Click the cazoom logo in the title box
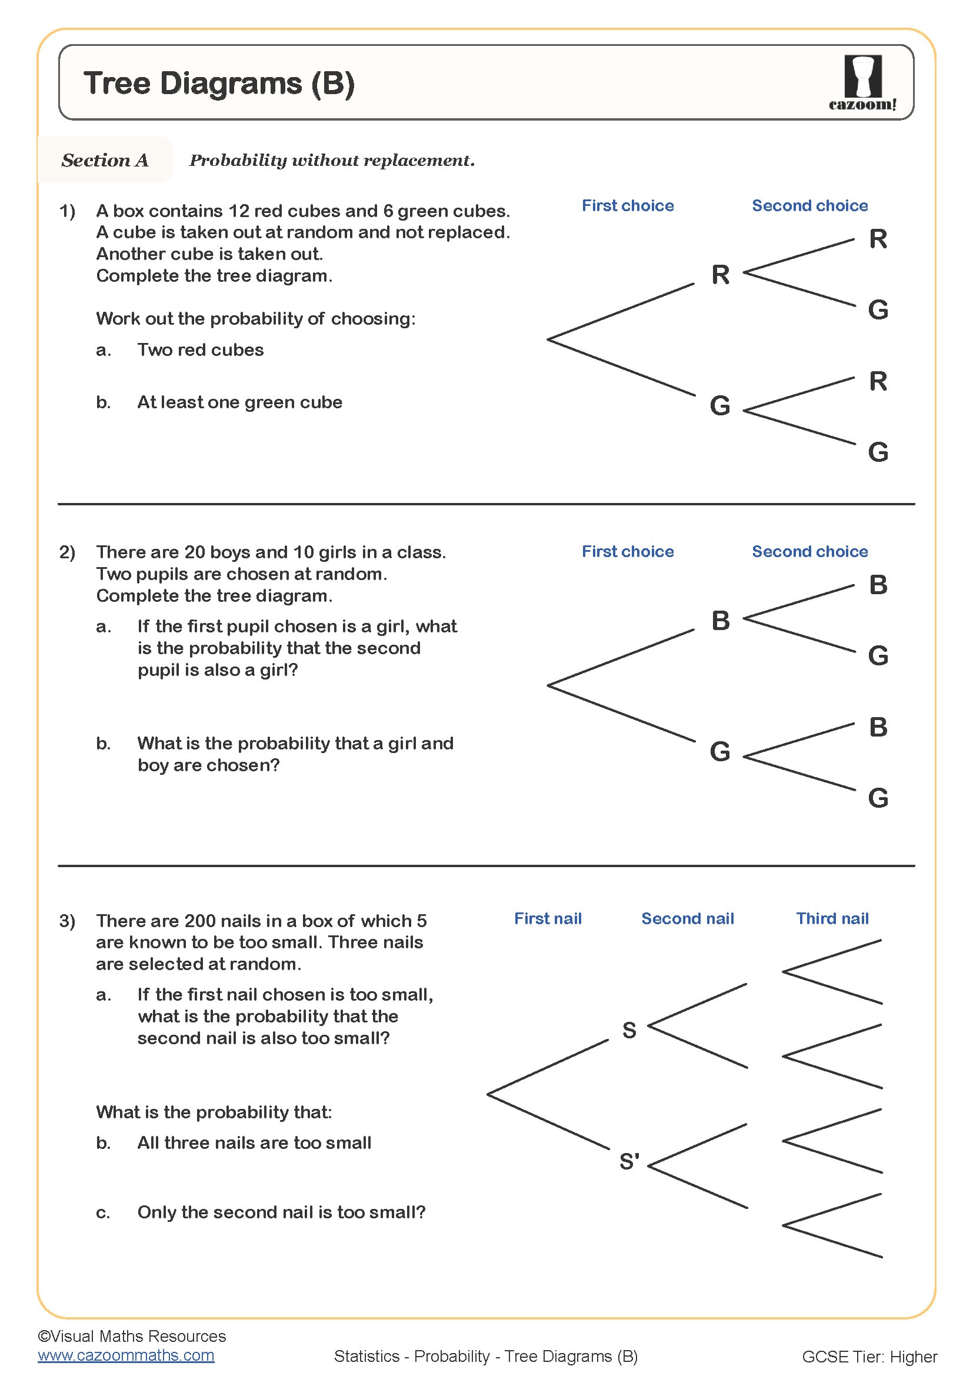point(863,82)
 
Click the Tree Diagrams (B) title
point(219,83)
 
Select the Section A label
point(105,160)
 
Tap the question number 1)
point(67,211)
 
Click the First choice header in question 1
point(627,205)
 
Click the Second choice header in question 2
point(809,551)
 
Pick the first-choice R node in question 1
point(720,275)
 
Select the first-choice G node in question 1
point(719,405)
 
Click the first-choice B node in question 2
point(720,620)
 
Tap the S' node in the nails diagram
point(629,1161)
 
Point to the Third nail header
point(832,919)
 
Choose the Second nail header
point(687,919)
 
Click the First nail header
point(548,919)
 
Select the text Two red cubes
point(200,350)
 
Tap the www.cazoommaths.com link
point(126,1355)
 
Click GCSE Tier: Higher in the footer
point(869,1357)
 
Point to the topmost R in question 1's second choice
point(878,239)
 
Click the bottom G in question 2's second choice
point(878,798)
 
